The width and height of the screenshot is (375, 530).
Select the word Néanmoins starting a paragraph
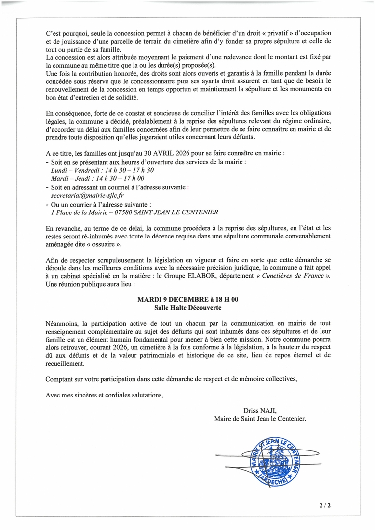62,323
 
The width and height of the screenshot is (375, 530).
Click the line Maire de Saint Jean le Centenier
260,419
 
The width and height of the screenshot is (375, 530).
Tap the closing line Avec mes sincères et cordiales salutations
104,395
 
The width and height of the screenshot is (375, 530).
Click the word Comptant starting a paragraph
60,379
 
